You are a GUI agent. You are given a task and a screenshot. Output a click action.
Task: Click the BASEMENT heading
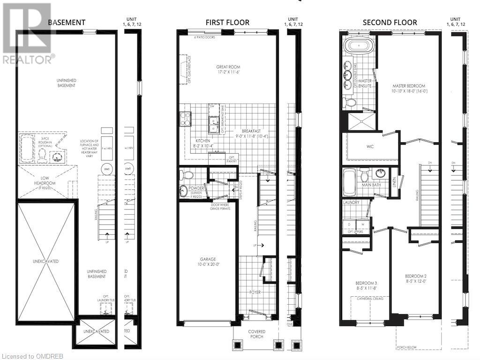[x=67, y=22]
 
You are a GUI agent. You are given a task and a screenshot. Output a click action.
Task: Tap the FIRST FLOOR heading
[x=227, y=22]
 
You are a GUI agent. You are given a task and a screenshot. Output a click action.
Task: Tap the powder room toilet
[x=187, y=175]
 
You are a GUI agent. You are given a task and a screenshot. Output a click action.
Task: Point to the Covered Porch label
[x=256, y=334]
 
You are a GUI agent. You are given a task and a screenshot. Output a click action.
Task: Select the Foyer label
[x=255, y=292]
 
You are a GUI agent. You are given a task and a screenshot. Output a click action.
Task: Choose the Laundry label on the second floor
[x=351, y=202]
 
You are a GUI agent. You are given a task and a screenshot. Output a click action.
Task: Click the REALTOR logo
[x=27, y=33]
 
